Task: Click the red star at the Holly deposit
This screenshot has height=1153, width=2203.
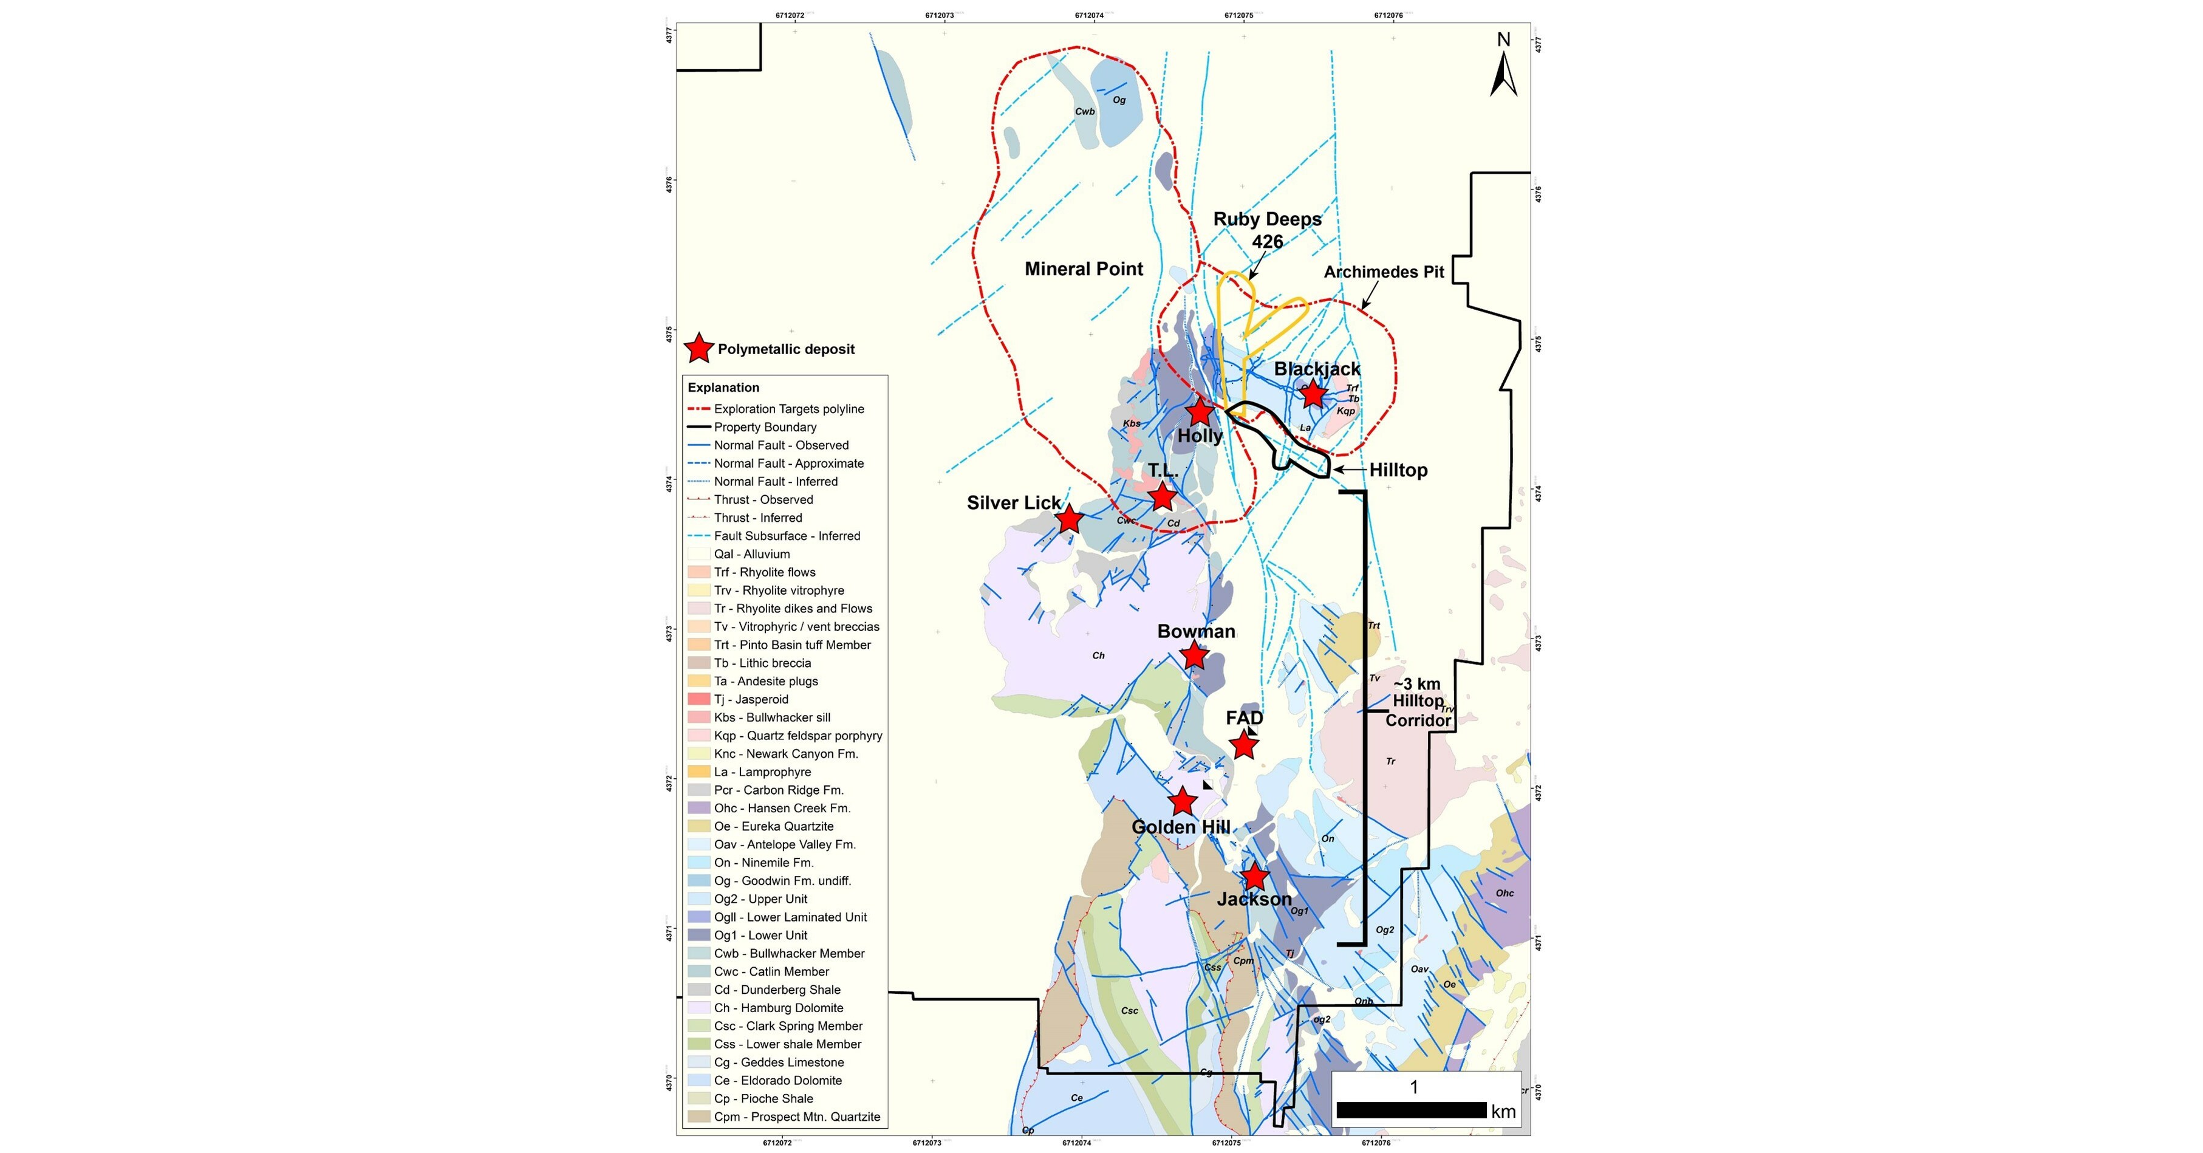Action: click(x=1200, y=412)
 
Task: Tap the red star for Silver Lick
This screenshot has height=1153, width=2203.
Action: click(x=1069, y=518)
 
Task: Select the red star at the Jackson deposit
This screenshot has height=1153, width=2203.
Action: click(x=1254, y=876)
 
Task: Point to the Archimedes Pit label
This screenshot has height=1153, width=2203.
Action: click(x=1384, y=272)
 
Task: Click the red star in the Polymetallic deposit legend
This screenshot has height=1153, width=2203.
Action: click(x=700, y=348)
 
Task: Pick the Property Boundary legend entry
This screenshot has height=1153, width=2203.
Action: click(x=765, y=427)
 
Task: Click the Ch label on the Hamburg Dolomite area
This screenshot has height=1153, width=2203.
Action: click(x=1098, y=655)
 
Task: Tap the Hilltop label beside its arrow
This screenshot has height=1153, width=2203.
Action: click(x=1398, y=470)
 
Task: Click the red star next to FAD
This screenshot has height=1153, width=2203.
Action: click(x=1243, y=745)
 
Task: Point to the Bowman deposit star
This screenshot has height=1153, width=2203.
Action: click(x=1194, y=656)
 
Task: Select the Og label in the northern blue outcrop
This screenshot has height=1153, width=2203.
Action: click(x=1119, y=100)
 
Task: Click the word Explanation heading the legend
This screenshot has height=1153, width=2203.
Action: click(x=723, y=388)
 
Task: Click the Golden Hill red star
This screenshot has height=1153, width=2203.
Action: click(x=1183, y=801)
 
